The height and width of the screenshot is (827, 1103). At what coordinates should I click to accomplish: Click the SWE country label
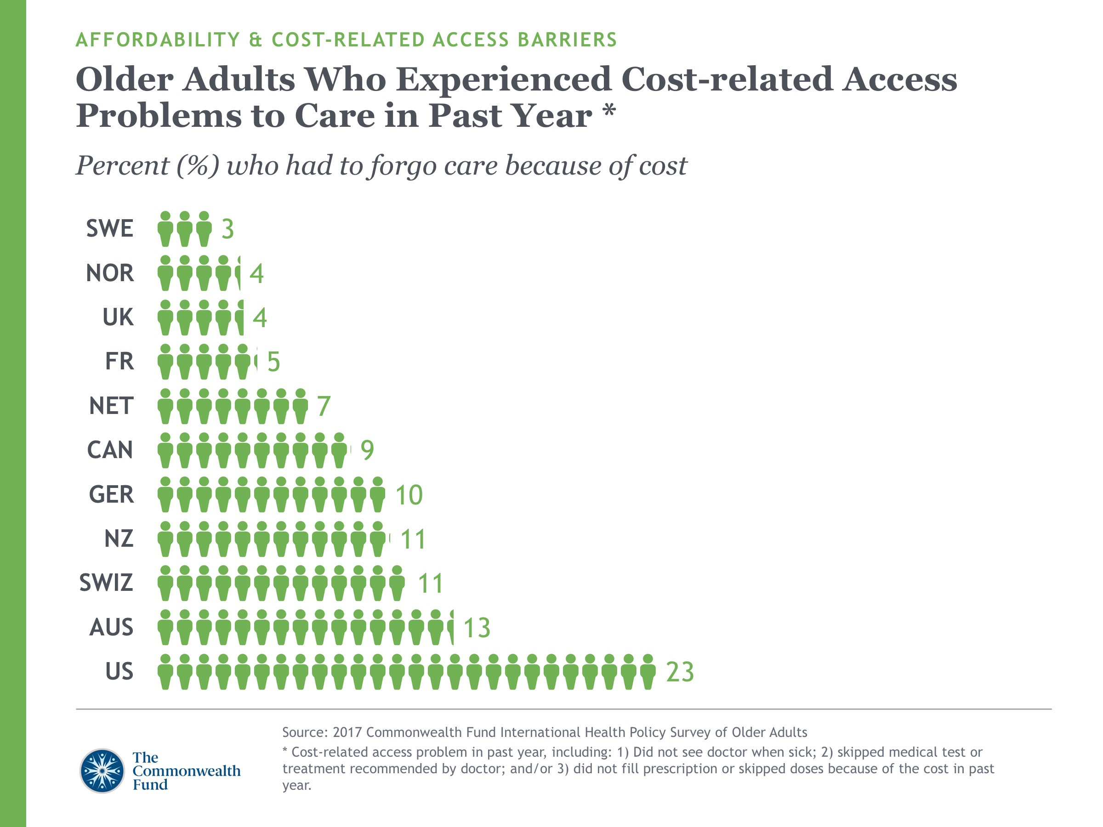[x=110, y=229]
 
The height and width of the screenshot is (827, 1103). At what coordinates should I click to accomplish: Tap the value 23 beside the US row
[x=680, y=672]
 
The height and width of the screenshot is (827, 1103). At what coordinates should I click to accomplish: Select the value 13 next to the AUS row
[x=477, y=628]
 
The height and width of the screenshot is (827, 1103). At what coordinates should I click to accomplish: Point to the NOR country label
[x=110, y=273]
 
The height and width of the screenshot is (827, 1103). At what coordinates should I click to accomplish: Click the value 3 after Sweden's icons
[x=227, y=229]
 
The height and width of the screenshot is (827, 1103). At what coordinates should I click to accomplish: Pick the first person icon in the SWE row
[x=165, y=229]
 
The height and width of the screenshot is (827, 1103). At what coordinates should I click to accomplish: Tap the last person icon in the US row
[x=648, y=672]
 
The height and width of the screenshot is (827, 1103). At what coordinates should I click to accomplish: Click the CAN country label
[x=110, y=450]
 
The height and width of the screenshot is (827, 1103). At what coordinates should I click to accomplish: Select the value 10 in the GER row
[x=409, y=495]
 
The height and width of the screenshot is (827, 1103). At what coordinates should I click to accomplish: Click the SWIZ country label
[x=106, y=583]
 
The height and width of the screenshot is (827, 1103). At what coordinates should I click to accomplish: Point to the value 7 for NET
[x=323, y=406]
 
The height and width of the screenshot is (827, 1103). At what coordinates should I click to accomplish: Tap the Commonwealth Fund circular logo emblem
[x=102, y=770]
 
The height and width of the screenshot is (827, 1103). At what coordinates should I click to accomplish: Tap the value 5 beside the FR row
[x=273, y=362]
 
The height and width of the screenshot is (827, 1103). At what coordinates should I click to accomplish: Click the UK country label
[x=118, y=317]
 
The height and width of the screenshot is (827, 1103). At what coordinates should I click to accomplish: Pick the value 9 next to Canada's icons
[x=367, y=451]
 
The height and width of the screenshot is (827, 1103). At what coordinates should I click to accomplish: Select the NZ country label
[x=119, y=539]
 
